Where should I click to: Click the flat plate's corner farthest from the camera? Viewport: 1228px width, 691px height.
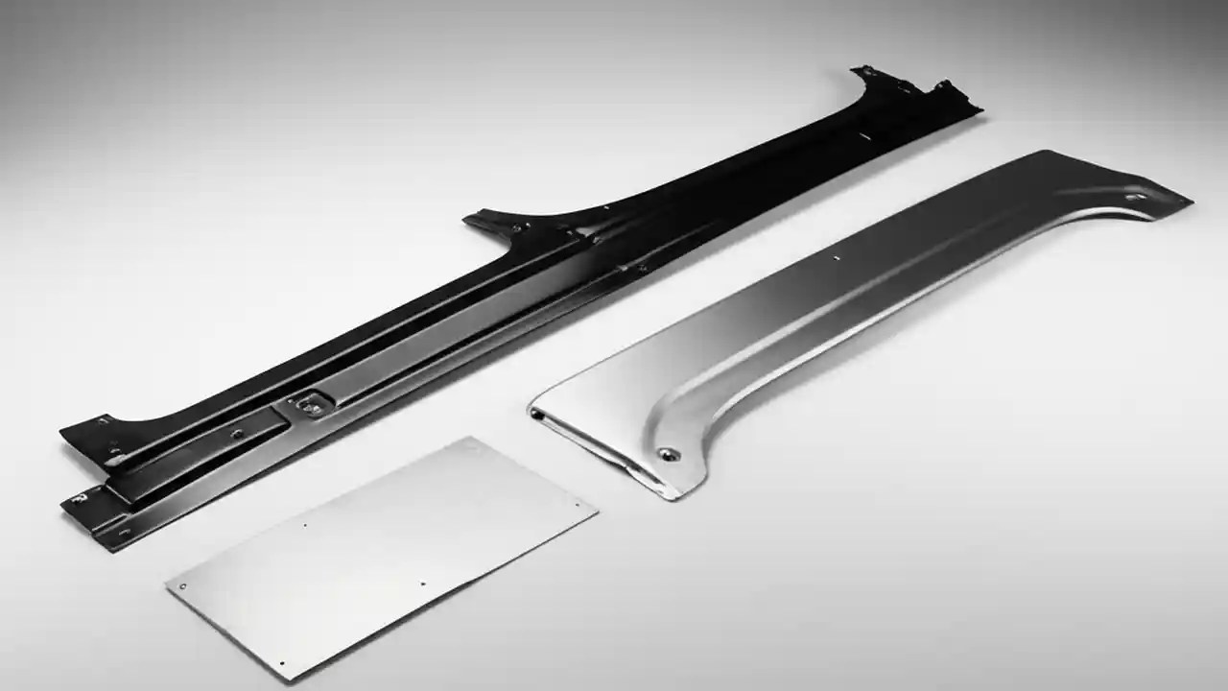coord(471,438)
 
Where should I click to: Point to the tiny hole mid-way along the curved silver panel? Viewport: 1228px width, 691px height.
coord(837,260)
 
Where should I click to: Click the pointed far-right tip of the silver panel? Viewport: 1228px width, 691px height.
coord(1191,202)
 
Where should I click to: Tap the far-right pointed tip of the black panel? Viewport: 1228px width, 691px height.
coord(980,108)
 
